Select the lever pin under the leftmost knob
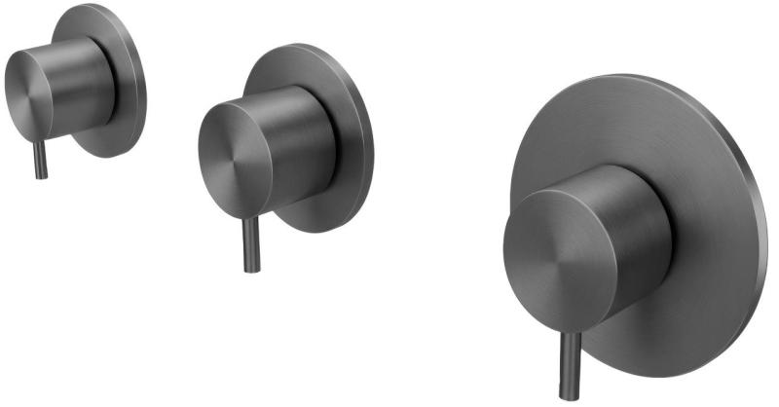click(40, 158)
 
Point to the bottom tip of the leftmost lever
click(40, 176)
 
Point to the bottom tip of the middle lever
click(251, 270)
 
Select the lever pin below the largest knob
click(569, 365)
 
